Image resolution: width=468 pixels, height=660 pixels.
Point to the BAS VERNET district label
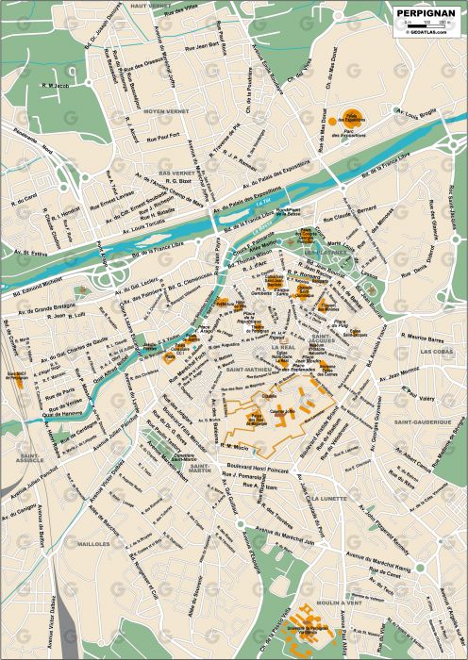click(175, 174)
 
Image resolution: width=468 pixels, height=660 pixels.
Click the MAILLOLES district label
click(93, 544)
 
